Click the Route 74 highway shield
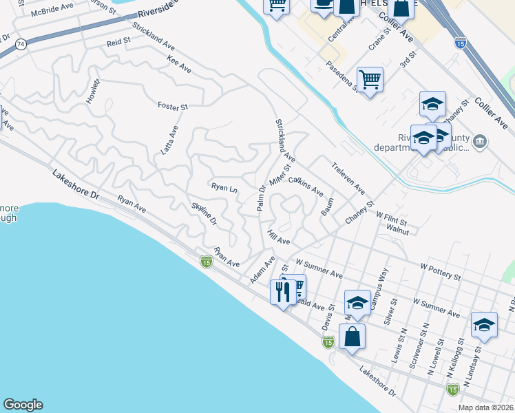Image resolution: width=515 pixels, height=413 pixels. coord(21,43)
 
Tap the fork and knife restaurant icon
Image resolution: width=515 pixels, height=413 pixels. coord(283,291)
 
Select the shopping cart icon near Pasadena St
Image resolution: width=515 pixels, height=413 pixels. coord(370,80)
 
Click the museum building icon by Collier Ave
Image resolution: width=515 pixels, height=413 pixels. coord(481,142)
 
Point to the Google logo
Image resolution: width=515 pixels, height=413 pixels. coord(23,405)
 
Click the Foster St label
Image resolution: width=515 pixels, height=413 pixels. coord(173,107)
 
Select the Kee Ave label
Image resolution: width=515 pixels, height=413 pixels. coord(179,65)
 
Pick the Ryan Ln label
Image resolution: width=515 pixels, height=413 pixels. coord(224,187)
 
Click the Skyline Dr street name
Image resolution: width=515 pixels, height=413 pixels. coord(204,213)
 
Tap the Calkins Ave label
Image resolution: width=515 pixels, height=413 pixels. coord(306,186)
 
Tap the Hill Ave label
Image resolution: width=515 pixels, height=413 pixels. coord(279,237)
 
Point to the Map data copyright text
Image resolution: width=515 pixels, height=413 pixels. coord(485,407)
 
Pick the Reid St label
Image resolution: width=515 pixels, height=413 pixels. coord(118,43)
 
